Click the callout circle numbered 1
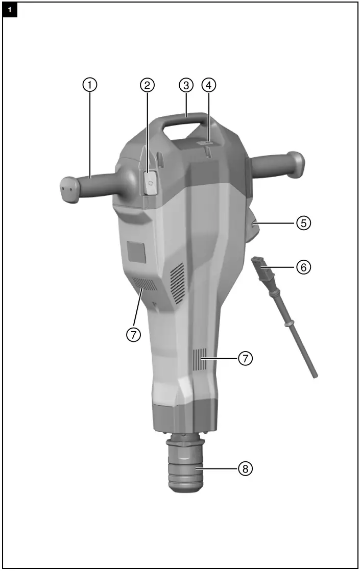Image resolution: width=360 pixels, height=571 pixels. [x=90, y=85]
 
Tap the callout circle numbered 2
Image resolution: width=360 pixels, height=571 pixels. [x=147, y=85]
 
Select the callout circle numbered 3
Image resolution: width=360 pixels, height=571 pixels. [x=186, y=85]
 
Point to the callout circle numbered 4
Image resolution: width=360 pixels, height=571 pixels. [x=209, y=85]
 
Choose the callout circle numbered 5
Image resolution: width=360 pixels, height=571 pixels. [x=304, y=223]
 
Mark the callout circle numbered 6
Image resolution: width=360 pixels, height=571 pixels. [x=304, y=267]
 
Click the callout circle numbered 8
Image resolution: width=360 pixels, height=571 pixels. [x=246, y=469]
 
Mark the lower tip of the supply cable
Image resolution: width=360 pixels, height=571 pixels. [x=315, y=376]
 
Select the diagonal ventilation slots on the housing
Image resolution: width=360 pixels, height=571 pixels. [x=177, y=281]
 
